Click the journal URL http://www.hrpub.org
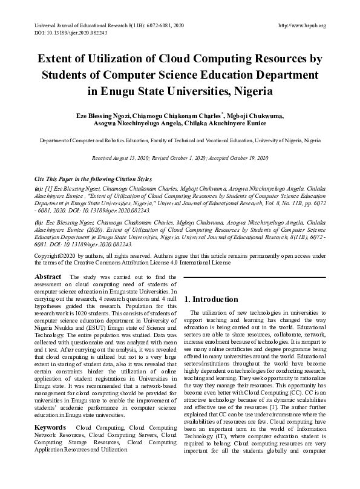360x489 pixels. coord(301,25)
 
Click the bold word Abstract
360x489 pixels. coord(48,277)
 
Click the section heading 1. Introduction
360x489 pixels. coord(211,300)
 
